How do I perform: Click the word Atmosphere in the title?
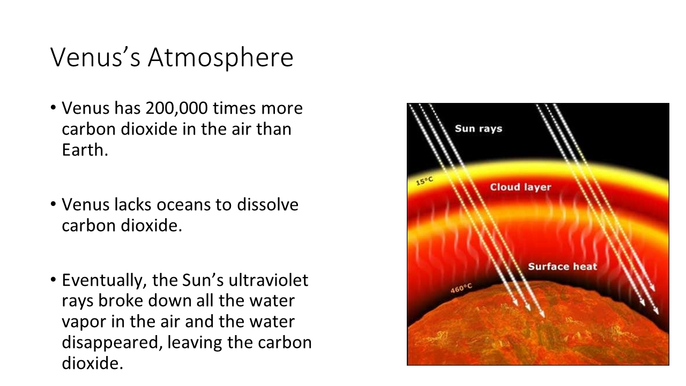220,57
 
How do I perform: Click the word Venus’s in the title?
95,57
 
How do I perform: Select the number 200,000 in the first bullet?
177,108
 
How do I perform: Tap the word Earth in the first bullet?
83,150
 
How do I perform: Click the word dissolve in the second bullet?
267,205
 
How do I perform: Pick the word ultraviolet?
269,280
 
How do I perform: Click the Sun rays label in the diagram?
479,129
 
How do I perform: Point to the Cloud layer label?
520,187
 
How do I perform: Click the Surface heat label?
563,266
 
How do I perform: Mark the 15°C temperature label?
424,181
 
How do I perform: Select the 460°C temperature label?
461,288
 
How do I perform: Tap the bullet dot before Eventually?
53,279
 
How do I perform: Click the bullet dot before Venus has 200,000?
53,108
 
